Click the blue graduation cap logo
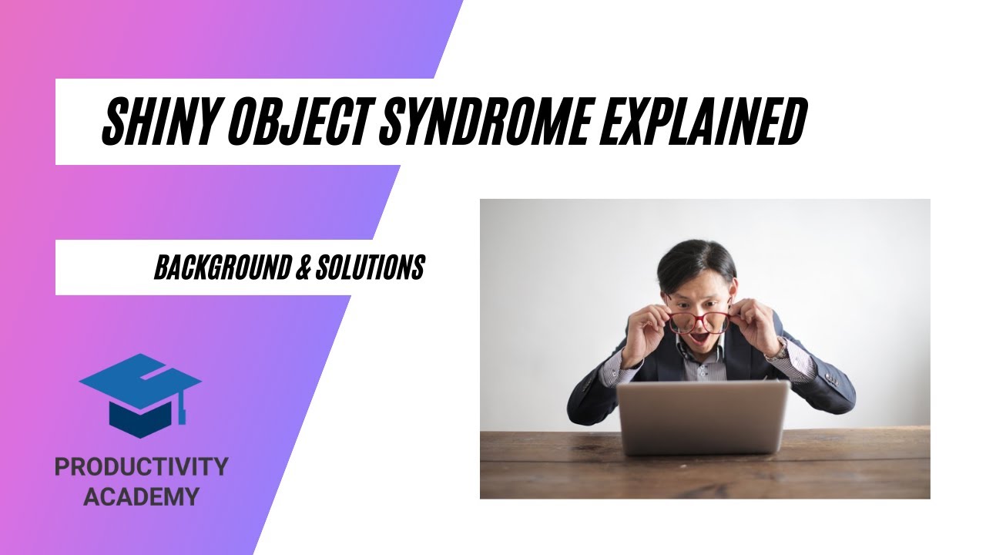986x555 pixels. pyautogui.click(x=139, y=394)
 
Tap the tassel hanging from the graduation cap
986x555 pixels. pyautogui.click(x=183, y=409)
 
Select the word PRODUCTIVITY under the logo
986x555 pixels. pyautogui.click(x=141, y=466)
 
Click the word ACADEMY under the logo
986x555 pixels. pyautogui.click(x=141, y=496)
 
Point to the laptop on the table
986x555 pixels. pyautogui.click(x=703, y=417)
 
